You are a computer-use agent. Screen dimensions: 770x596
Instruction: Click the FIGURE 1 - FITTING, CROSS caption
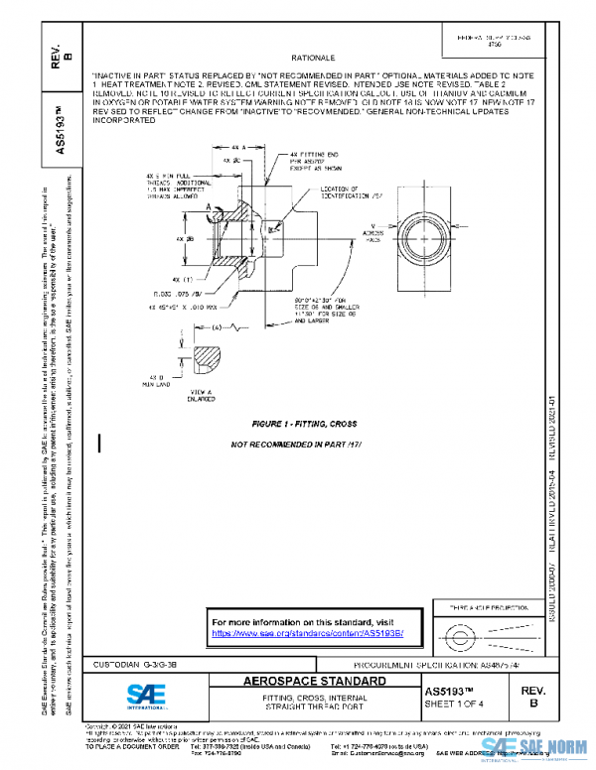(298, 425)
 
